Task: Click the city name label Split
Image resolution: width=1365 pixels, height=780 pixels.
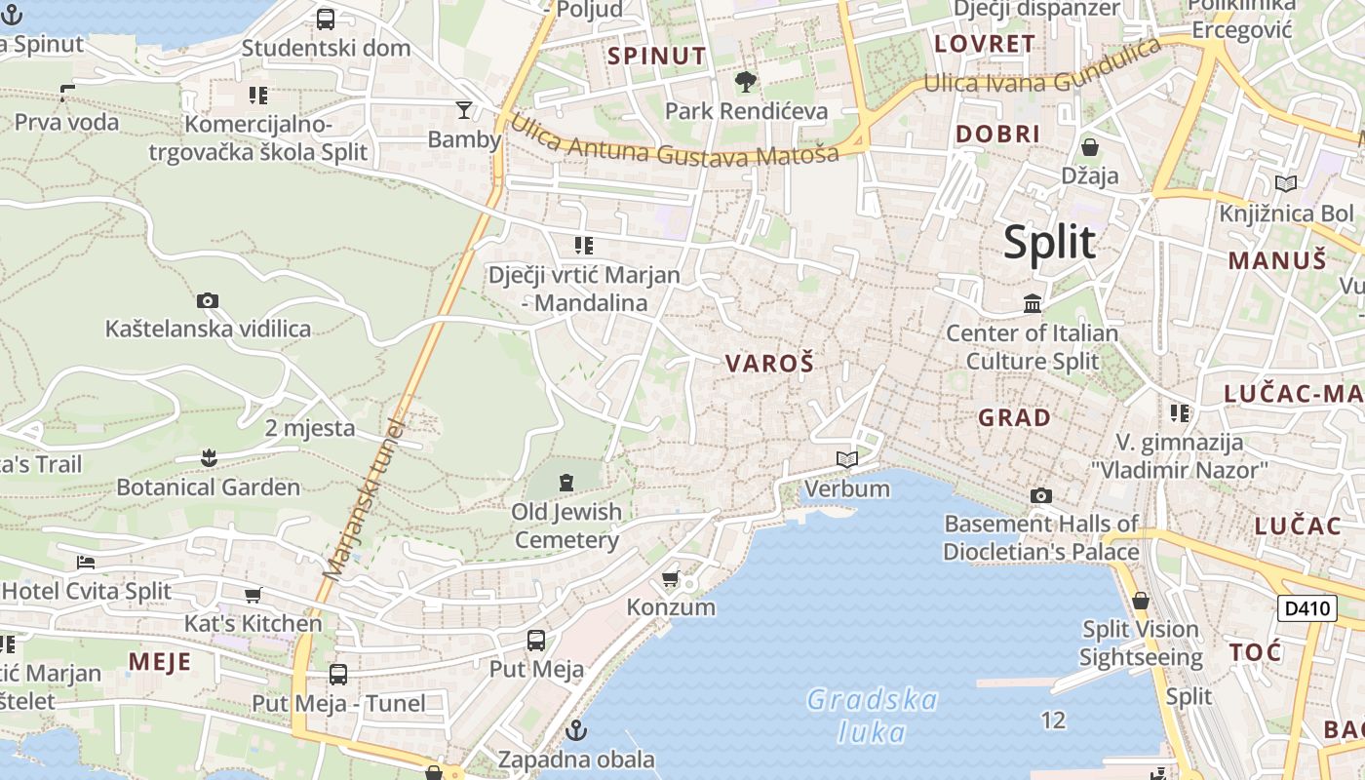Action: [1050, 242]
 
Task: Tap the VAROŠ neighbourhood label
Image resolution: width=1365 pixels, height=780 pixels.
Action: [769, 364]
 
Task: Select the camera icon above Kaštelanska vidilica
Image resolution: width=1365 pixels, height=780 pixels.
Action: [207, 300]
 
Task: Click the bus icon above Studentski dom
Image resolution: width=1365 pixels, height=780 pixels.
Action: [326, 19]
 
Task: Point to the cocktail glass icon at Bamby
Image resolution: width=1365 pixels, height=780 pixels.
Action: [464, 109]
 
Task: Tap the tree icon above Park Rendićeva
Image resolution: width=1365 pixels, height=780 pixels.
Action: [746, 82]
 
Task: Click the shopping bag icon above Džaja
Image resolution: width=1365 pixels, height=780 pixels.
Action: [1090, 147]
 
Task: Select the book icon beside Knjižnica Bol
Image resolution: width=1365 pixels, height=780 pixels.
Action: [1286, 183]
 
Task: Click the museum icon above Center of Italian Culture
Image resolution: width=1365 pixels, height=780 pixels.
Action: [1033, 303]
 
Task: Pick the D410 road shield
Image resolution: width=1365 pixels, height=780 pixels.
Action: [1306, 608]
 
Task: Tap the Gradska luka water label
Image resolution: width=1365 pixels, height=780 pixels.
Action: [872, 716]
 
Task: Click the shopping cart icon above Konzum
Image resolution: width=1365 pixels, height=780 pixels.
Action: [671, 579]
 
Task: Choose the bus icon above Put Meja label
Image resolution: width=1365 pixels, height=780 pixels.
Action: [535, 641]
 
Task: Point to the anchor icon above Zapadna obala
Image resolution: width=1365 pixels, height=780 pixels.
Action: [576, 729]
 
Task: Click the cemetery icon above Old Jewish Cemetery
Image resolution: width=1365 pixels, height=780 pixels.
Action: [565, 482]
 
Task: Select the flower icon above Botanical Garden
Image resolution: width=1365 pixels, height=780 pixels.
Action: [208, 457]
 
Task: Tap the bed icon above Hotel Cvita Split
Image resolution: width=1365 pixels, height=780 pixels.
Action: [86, 563]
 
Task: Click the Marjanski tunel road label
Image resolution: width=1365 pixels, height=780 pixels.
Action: [365, 499]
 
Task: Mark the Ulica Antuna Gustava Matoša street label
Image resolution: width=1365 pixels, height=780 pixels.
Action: [673, 141]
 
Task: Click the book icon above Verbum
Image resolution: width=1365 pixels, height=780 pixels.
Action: [846, 459]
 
